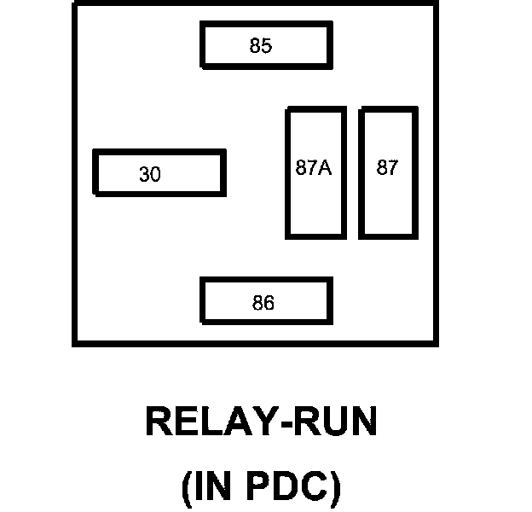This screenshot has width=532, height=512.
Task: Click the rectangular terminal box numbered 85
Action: (x=266, y=45)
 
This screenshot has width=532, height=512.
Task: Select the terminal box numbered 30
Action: (x=159, y=172)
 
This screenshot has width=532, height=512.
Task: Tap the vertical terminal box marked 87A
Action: (x=315, y=172)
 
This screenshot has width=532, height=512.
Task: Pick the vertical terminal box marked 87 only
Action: (x=388, y=172)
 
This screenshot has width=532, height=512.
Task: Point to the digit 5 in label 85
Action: (x=267, y=46)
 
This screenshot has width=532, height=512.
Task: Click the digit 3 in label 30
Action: (x=144, y=175)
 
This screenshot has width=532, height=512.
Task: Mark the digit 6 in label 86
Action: (x=269, y=303)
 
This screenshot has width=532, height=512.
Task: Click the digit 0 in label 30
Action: (x=154, y=175)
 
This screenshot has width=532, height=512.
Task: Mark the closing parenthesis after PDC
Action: (x=336, y=488)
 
